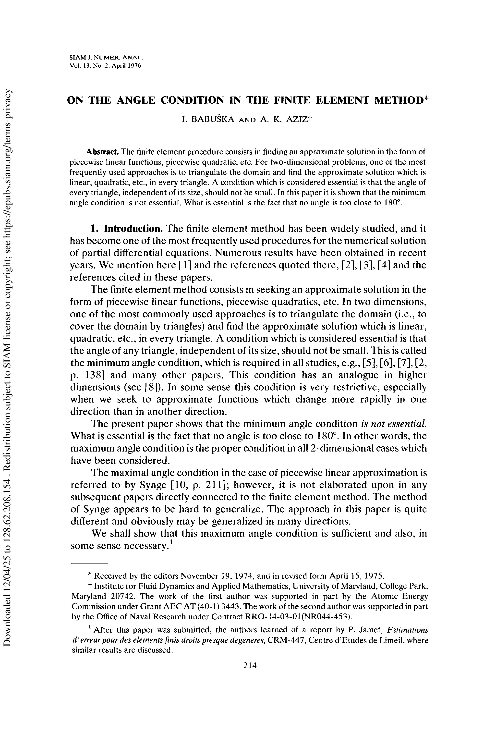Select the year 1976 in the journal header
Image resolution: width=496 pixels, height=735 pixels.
tap(133, 66)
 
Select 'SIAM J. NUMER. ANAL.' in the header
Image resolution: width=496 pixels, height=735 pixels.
tap(106, 58)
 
